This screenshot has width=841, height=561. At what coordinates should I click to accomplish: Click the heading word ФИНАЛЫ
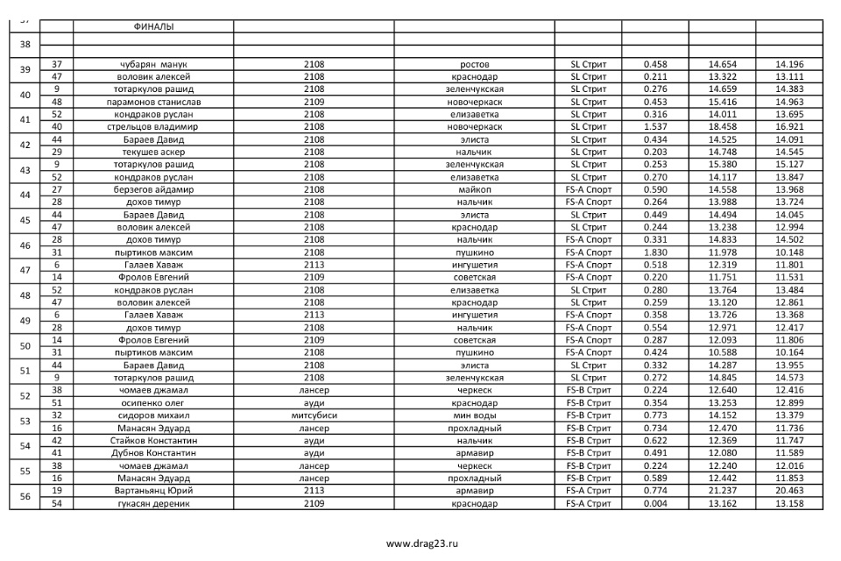(153, 26)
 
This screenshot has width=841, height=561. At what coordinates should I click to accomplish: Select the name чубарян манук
(153, 64)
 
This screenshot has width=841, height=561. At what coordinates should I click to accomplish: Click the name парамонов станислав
(153, 102)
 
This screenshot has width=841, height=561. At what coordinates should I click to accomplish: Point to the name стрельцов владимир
(153, 127)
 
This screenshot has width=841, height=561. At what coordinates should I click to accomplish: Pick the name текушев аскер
(153, 152)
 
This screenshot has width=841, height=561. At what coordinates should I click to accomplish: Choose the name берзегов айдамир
(153, 189)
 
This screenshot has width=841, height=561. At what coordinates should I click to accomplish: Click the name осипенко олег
(153, 403)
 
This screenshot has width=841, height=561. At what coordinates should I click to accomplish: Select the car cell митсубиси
(314, 415)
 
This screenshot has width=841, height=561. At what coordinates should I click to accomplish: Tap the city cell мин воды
(474, 415)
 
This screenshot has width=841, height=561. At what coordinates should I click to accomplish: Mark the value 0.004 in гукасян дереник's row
(655, 503)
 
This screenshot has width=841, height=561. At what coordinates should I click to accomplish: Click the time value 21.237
(722, 491)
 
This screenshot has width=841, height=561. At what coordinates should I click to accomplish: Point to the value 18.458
(722, 127)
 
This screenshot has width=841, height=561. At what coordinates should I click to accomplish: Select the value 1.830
(655, 252)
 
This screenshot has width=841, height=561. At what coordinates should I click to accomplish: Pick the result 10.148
(789, 252)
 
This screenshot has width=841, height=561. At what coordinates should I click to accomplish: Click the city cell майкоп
(474, 189)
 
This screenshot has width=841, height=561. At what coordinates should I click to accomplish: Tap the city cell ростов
(474, 64)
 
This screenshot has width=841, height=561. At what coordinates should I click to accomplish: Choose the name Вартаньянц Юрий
(153, 491)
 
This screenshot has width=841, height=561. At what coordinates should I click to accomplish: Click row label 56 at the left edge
(25, 497)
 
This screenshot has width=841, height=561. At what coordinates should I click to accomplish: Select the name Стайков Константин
(153, 441)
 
